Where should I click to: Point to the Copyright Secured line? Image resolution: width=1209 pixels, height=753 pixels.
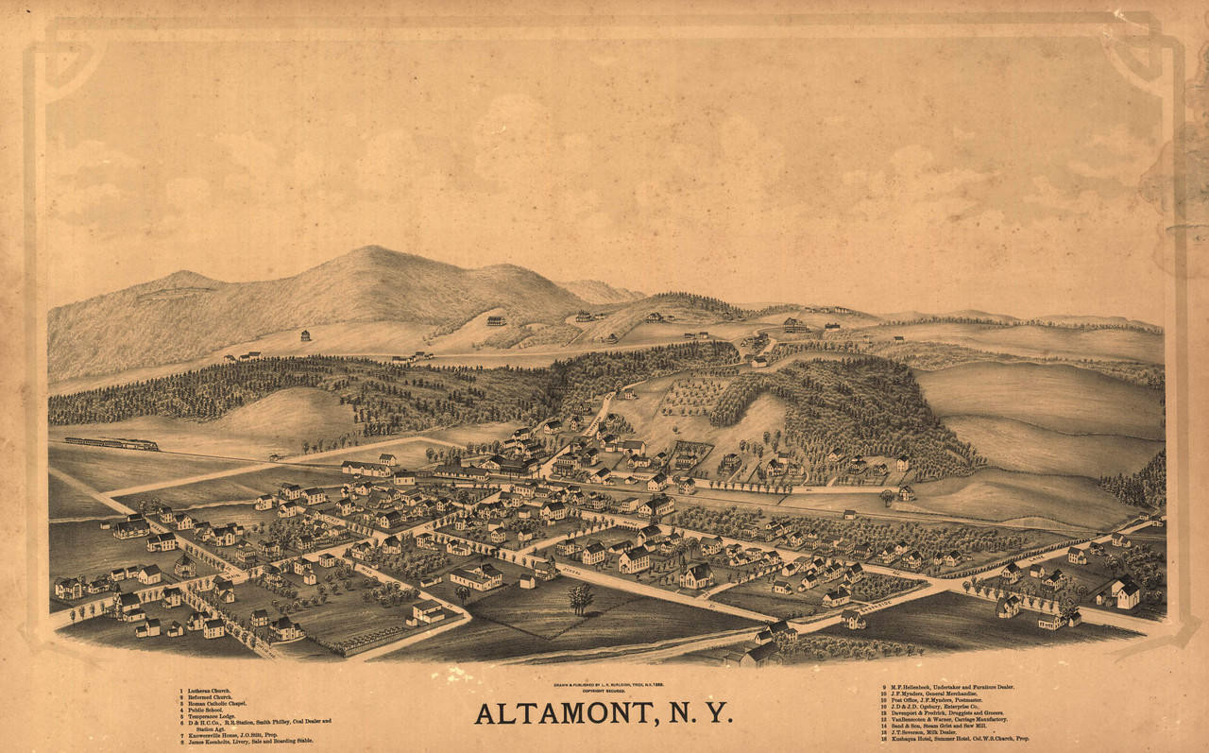[x=604, y=690]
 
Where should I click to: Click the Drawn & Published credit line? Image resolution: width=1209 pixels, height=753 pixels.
[x=604, y=683]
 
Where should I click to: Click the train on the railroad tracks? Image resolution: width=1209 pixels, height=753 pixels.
[x=111, y=443]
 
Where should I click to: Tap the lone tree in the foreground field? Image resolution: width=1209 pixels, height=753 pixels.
[x=580, y=596]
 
